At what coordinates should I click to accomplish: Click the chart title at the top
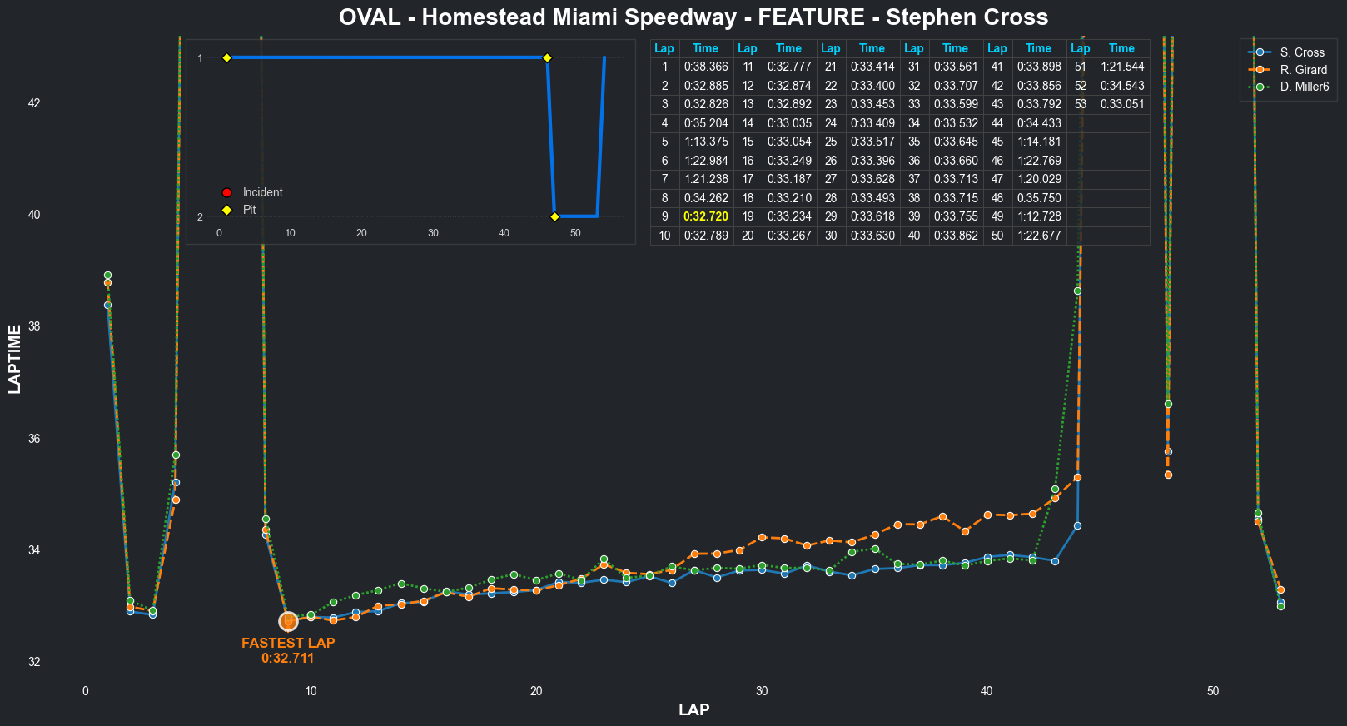coord(693,17)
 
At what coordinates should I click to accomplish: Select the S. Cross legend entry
coord(1301,52)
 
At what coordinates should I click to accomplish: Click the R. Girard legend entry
coord(1303,70)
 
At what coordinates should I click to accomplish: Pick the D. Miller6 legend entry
coord(1304,87)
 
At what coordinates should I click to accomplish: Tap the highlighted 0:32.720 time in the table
coord(705,216)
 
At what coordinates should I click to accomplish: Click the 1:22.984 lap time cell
coord(705,161)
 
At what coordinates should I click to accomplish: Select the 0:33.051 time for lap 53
coord(1121,104)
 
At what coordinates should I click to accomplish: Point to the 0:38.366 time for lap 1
coord(705,67)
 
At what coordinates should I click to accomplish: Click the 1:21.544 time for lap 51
coord(1121,67)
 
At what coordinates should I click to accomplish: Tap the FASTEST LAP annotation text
coord(288,643)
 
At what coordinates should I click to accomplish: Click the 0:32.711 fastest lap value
coord(288,659)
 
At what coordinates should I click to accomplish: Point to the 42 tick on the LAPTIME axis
coord(34,103)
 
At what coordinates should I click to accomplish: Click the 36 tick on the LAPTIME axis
coord(34,439)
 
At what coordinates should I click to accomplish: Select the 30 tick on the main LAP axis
coord(762,691)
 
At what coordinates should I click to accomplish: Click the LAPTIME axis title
coord(15,359)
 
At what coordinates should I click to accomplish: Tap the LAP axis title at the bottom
coord(693,710)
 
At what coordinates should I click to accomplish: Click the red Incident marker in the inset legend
coord(226,192)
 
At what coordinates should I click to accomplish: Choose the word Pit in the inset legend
coord(249,210)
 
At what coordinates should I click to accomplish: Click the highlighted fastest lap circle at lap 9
coord(288,622)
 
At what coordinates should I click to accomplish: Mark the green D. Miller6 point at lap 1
coord(107,276)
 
